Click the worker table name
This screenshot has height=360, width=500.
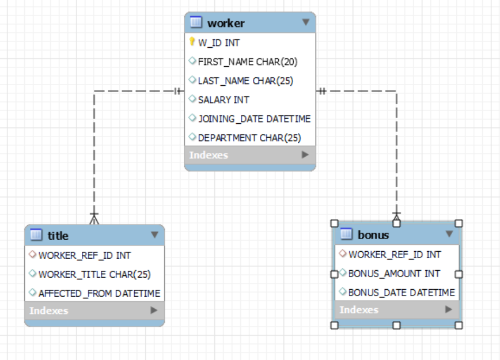(x=226, y=23)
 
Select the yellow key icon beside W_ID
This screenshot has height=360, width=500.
(x=192, y=41)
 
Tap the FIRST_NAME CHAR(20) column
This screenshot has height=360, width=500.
(x=248, y=62)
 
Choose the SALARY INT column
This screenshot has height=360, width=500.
(x=224, y=100)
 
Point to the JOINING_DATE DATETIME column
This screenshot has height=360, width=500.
(x=254, y=119)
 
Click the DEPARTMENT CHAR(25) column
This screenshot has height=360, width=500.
(x=249, y=138)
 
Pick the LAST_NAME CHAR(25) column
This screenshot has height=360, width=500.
(x=245, y=81)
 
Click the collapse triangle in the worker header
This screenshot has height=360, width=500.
(x=306, y=22)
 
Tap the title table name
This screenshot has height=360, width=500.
(x=58, y=236)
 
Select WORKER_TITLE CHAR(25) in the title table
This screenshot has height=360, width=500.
(x=94, y=274)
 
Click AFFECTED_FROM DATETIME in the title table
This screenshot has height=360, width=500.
(x=99, y=293)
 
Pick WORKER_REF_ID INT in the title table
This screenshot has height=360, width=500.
(x=85, y=255)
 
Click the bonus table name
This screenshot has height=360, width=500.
(x=373, y=235)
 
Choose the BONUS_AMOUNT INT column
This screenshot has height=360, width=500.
(x=394, y=274)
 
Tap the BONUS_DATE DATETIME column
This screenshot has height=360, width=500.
(x=401, y=293)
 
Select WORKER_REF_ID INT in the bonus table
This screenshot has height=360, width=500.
(x=395, y=255)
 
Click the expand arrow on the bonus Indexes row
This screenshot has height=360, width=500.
(x=449, y=309)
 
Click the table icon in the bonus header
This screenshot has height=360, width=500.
(x=346, y=234)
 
